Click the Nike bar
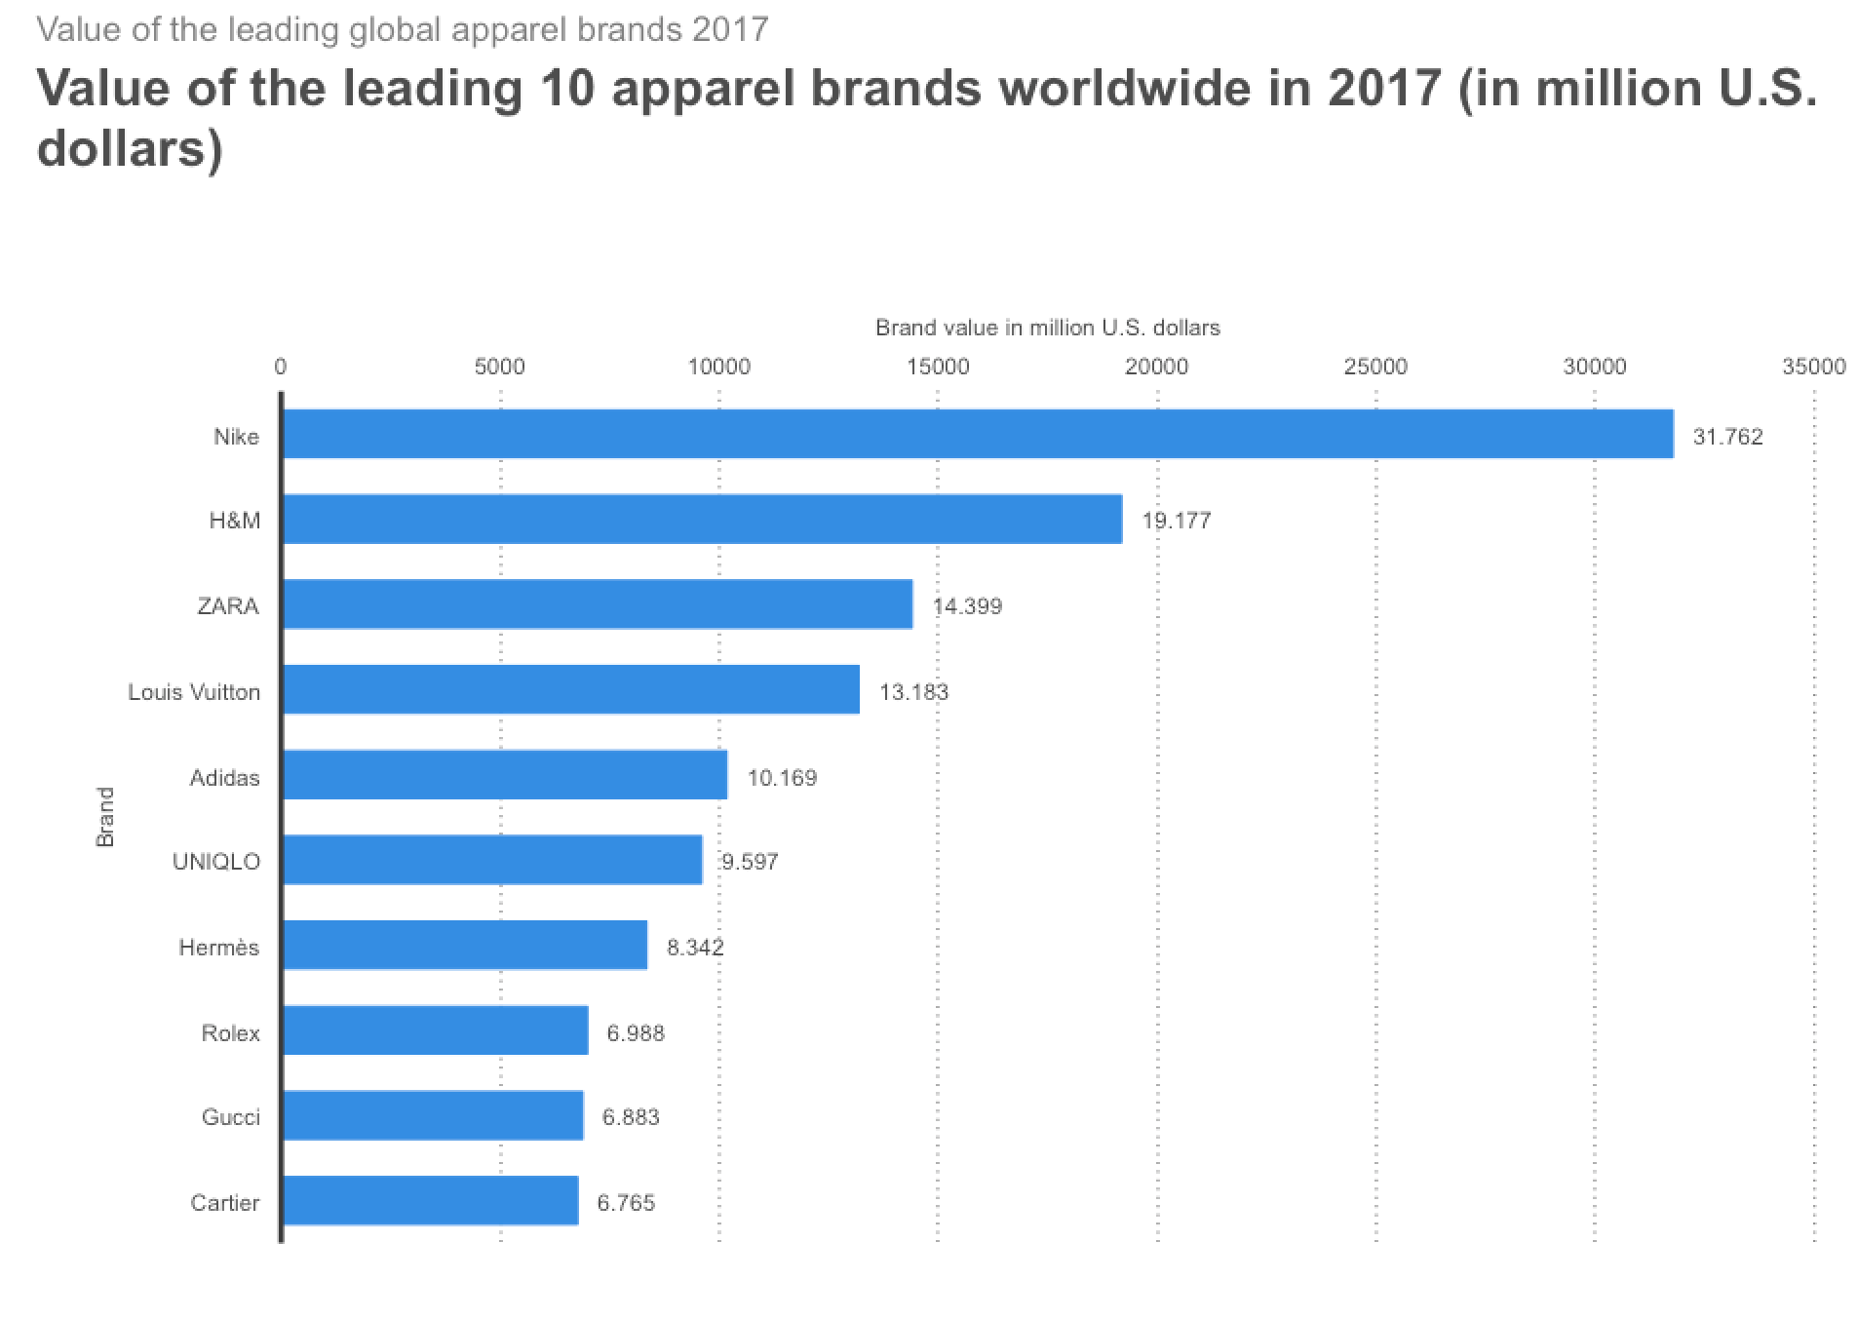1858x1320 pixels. pyautogui.click(x=977, y=434)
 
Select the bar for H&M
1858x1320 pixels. pyautogui.click(x=702, y=519)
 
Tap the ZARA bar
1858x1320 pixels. pyautogui.click(x=597, y=604)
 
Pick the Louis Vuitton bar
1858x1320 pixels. pyautogui.click(x=570, y=690)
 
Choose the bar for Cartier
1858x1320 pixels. pyautogui.click(x=430, y=1200)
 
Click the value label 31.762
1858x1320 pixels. pyautogui.click(x=1727, y=437)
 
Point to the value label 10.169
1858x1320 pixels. pyautogui.click(x=782, y=778)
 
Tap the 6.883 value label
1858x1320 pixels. pyautogui.click(x=631, y=1117)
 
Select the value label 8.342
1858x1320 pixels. pyautogui.click(x=695, y=948)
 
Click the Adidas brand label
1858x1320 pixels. pyautogui.click(x=224, y=778)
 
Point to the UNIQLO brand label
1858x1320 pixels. pyautogui.click(x=215, y=862)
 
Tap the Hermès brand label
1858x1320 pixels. pyautogui.click(x=218, y=948)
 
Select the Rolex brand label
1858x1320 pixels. pyautogui.click(x=230, y=1033)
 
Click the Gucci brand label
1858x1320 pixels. pyautogui.click(x=230, y=1117)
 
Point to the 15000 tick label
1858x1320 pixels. pyautogui.click(x=938, y=367)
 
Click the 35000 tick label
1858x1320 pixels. pyautogui.click(x=1813, y=367)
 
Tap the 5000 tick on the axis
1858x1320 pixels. pyautogui.click(x=500, y=367)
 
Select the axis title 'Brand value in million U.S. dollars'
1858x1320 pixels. pyautogui.click(x=1047, y=328)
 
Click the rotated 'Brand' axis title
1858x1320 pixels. pyautogui.click(x=105, y=817)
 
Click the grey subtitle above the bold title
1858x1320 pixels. pyautogui.click(x=403, y=29)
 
